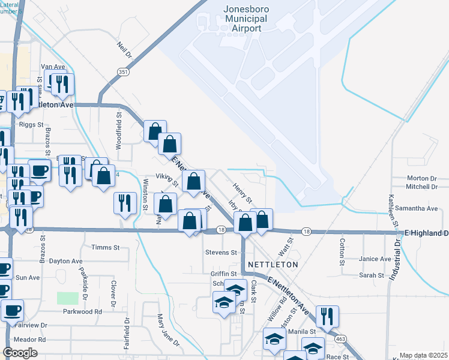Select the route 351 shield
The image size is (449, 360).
[x=122, y=71]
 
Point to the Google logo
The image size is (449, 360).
[x=20, y=353]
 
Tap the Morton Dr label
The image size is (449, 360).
[x=421, y=178]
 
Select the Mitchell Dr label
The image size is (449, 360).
[x=421, y=187]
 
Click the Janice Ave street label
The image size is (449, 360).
[x=375, y=259]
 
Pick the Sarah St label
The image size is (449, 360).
[x=372, y=275]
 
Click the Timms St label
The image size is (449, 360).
[x=106, y=247]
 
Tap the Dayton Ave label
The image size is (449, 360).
[x=65, y=261]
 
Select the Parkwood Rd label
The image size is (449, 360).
[x=82, y=311]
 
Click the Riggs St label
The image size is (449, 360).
[x=31, y=125]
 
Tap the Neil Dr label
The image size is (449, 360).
[x=124, y=46]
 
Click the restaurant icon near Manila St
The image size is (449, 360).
[x=327, y=315]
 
